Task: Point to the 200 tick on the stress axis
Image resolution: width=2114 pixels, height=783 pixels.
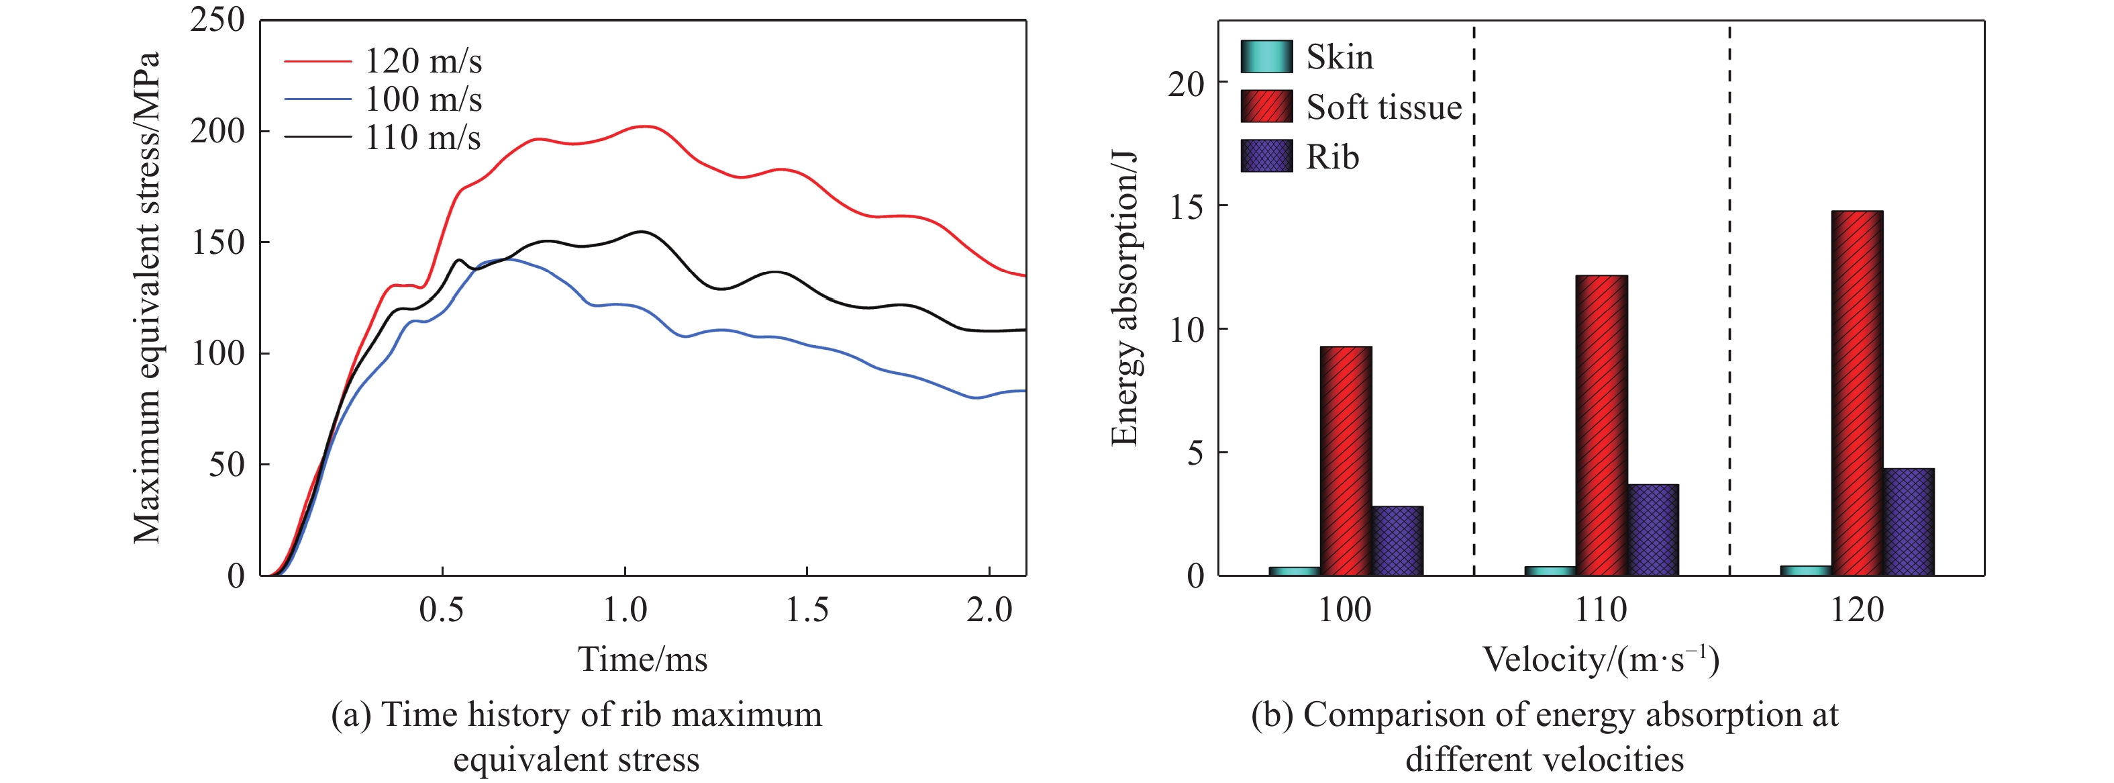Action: [217, 132]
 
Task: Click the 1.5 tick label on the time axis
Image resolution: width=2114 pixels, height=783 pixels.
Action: [807, 610]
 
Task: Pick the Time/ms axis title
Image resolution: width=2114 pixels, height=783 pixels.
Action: [642, 659]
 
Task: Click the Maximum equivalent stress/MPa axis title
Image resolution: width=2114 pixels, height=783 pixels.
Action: [147, 297]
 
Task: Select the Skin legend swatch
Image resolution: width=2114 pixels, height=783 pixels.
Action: [1266, 56]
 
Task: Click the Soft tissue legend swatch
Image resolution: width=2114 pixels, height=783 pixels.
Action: [1266, 107]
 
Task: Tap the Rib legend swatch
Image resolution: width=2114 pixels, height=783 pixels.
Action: [1266, 156]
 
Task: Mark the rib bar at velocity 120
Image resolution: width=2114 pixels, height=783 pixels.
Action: [1909, 522]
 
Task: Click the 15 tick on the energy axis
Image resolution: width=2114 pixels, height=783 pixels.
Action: [1187, 207]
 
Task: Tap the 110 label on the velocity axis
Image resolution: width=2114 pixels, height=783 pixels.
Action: [1601, 610]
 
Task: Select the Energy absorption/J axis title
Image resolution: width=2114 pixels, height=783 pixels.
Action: [1124, 297]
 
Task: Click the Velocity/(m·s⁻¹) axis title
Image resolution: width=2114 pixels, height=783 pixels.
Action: [1601, 659]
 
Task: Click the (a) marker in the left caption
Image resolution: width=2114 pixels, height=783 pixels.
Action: [350, 715]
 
